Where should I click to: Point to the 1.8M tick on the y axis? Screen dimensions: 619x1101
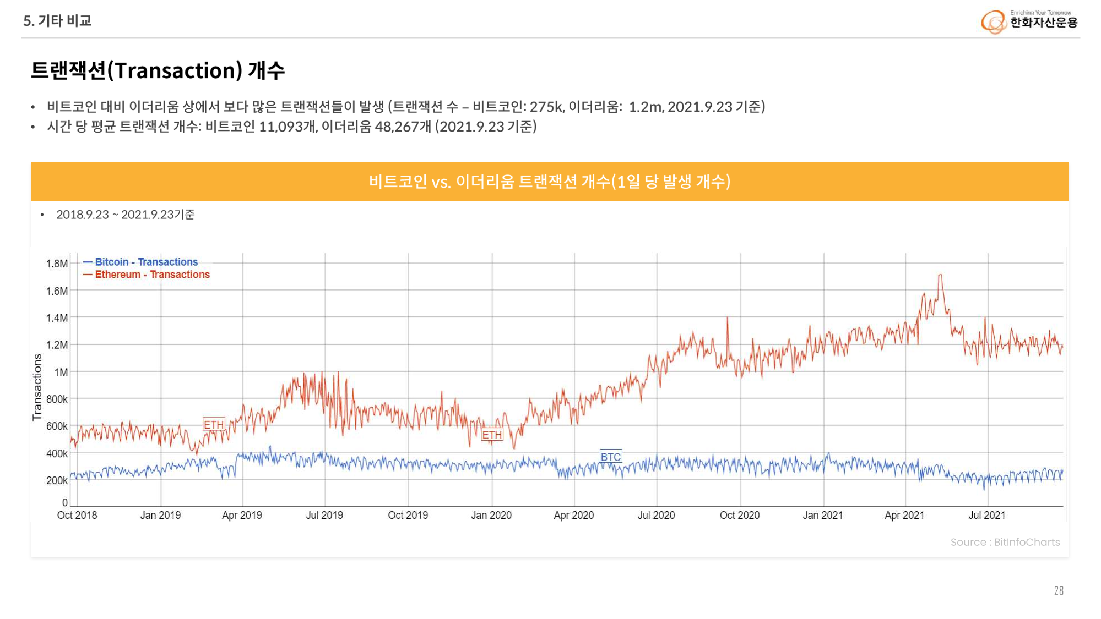[x=57, y=264]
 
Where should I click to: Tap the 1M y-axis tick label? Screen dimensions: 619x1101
[x=61, y=373]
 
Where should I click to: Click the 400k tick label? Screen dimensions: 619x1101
[x=57, y=454]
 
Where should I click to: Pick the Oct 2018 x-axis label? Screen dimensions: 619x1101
[x=77, y=516]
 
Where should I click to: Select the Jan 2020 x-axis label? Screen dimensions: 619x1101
[x=491, y=516]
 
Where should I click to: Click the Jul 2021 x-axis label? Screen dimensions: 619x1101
[x=987, y=516]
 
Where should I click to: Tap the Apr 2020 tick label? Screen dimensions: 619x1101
[x=574, y=516]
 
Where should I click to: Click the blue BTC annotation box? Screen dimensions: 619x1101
[x=611, y=457]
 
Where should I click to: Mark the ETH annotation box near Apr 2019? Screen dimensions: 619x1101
[x=214, y=424]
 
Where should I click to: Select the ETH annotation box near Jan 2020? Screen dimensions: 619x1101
[x=492, y=435]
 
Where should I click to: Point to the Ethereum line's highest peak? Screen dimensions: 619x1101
[x=940, y=275]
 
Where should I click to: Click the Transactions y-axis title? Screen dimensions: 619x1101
[x=37, y=387]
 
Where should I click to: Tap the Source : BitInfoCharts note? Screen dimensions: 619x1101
[x=1005, y=542]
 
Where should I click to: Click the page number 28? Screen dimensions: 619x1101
[x=1059, y=590]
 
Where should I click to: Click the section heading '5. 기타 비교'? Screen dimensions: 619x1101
[x=57, y=21]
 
